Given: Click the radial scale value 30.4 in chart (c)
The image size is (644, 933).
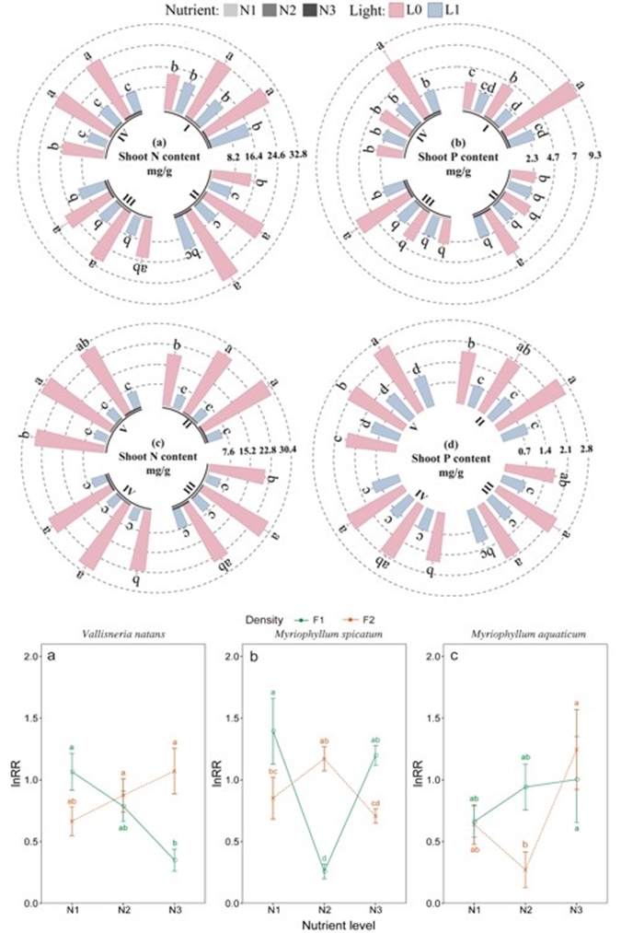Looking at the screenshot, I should [298, 452].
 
